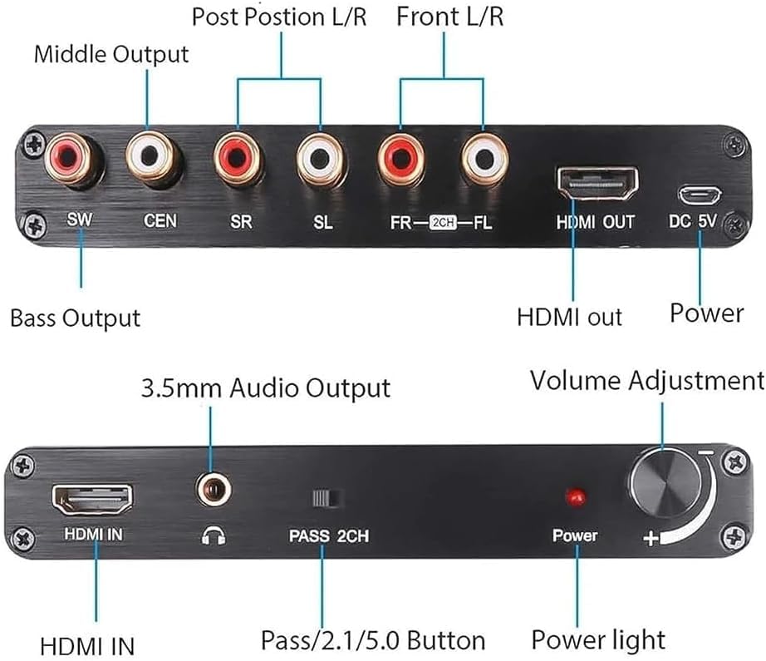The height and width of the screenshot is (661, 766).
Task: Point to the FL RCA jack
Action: pos(484,160)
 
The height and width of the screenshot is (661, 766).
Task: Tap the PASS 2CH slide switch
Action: pos(327,498)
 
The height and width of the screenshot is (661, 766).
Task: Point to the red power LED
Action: pos(574,497)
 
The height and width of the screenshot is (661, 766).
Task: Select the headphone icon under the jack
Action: pos(212,535)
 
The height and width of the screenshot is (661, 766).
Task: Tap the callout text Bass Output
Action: pos(75,318)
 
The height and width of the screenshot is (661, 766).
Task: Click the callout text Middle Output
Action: pos(111,54)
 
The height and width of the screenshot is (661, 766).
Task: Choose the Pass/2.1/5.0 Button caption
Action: pos(373,640)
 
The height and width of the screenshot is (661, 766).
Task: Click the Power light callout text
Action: pos(598,639)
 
